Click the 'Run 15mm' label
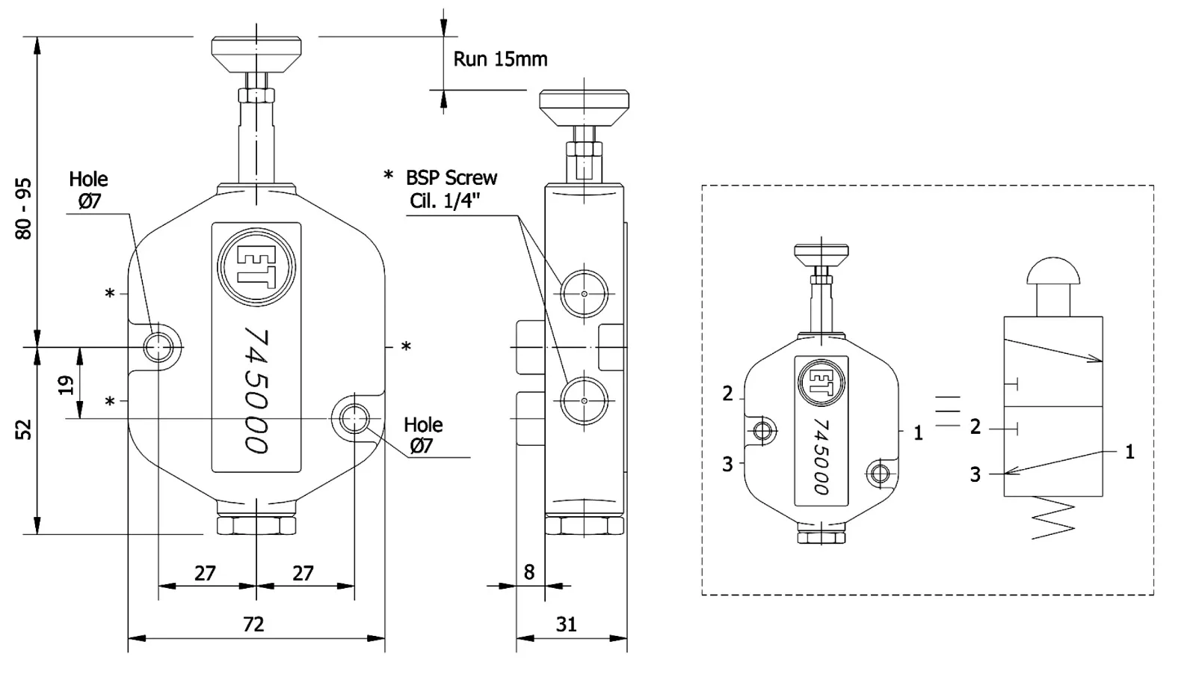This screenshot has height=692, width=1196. (500, 59)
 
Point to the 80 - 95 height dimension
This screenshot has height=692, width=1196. (24, 208)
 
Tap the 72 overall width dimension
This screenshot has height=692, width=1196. (253, 624)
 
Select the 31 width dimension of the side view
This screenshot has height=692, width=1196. (567, 624)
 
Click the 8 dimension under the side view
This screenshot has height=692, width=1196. (529, 572)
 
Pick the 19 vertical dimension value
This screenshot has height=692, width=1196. (67, 385)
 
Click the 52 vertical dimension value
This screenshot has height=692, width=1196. (24, 429)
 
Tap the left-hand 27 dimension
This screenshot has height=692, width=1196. (205, 573)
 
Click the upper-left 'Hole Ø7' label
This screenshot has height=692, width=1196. (88, 189)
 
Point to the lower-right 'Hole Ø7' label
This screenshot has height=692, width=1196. (423, 435)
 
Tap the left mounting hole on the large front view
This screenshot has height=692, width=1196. (159, 346)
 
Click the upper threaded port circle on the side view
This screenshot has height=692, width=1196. (584, 293)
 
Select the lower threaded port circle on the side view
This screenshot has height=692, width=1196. (584, 400)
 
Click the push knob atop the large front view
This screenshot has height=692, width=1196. (256, 51)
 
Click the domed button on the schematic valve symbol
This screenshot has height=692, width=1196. (1053, 272)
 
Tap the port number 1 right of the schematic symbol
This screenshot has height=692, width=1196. (1129, 452)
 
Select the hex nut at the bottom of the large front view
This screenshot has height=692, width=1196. (256, 524)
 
